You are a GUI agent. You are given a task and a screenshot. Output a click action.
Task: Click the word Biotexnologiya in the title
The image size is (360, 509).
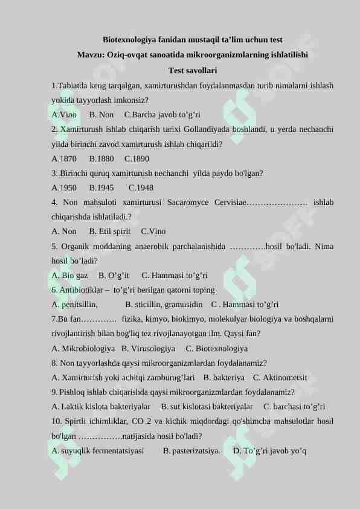(x=127, y=40)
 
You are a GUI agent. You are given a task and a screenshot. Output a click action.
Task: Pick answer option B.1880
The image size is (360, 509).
(x=101, y=159)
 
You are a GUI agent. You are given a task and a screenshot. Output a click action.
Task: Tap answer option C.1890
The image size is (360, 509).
(x=137, y=159)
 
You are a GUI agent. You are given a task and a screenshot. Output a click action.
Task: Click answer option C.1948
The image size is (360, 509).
(x=141, y=187)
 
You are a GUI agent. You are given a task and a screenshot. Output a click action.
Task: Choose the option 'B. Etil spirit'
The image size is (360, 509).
(x=109, y=232)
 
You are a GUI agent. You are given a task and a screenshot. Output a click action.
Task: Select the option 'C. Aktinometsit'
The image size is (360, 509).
(x=276, y=377)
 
